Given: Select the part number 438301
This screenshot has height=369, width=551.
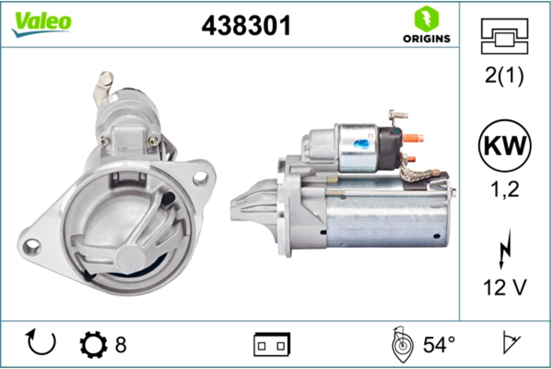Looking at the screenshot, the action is tap(246, 26).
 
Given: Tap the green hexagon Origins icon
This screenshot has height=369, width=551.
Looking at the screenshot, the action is tap(426, 19).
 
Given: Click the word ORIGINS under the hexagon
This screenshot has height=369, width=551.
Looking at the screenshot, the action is tap(426, 39).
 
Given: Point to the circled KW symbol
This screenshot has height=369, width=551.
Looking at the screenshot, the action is tap(505, 146).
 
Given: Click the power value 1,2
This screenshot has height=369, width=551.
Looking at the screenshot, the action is tap(505, 189).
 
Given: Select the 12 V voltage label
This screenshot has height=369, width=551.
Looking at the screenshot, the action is tap(505, 287).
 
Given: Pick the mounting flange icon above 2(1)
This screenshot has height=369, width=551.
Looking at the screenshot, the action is tap(504, 36).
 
